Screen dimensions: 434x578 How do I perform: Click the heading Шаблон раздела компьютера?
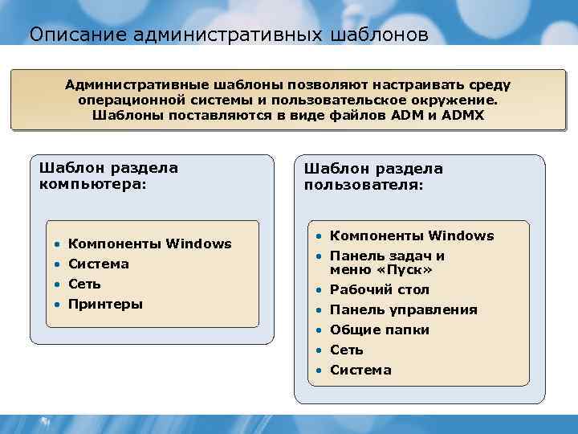[x=108, y=175]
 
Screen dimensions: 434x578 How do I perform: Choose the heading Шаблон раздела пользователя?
[x=373, y=176]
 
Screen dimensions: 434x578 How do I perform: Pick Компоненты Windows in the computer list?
[x=150, y=244]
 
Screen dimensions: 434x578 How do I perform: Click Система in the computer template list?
[x=99, y=264]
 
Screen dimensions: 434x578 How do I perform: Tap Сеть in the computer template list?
[x=84, y=284]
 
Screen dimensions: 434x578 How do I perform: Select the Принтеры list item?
[x=106, y=304]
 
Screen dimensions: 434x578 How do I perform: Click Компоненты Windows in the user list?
[x=412, y=235]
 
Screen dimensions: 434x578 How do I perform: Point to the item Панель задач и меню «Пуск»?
[x=387, y=263]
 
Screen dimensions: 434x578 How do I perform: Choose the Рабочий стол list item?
[x=380, y=289]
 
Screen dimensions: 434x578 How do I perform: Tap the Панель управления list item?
[x=404, y=309]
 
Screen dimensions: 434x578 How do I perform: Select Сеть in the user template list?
[x=347, y=350]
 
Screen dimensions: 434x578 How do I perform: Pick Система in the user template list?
[x=360, y=370]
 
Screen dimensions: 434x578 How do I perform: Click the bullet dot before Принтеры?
[x=57, y=305]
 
